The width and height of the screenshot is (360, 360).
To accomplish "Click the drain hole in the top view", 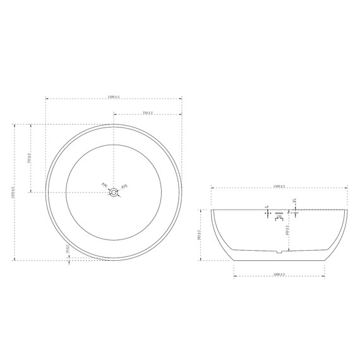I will (x=114, y=193).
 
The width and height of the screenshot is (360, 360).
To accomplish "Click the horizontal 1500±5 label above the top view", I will (x=114, y=97).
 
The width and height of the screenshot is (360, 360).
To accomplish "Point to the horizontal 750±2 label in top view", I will (x=148, y=113).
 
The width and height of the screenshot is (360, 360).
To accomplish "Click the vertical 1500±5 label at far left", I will (x=13, y=192).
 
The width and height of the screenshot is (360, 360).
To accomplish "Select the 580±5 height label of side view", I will (x=200, y=235).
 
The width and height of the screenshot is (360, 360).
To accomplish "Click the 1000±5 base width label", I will (x=279, y=275).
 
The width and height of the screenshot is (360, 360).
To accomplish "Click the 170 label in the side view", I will (x=279, y=218).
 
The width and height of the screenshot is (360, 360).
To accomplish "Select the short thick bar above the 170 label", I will (x=279, y=213).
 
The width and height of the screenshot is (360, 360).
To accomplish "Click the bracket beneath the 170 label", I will (x=279, y=222).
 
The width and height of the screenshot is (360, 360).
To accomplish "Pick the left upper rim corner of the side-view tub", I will (x=211, y=209).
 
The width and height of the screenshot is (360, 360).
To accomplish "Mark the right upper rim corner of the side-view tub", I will (x=347, y=209).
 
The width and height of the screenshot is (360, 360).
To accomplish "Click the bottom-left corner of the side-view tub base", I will (x=234, y=260).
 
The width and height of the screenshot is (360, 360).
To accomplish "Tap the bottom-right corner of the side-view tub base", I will (x=323, y=260).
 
